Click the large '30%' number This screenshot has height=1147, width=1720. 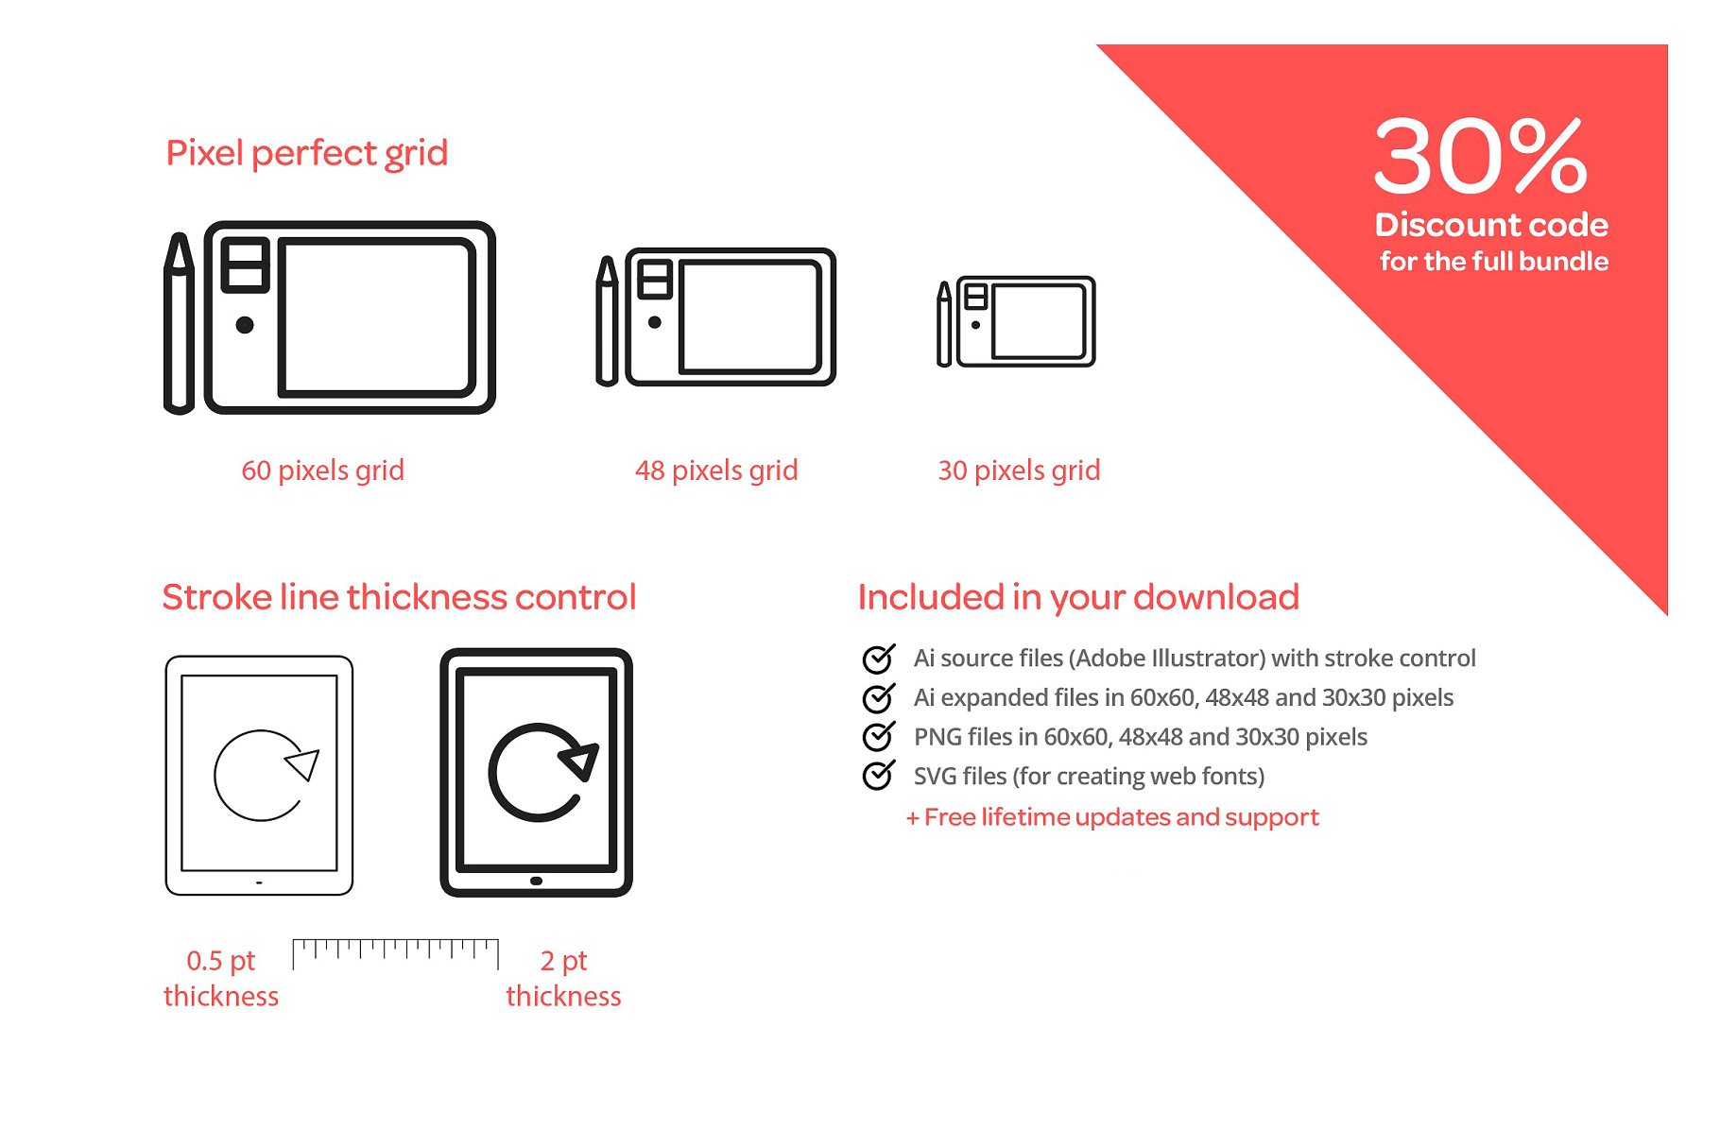[1480, 156]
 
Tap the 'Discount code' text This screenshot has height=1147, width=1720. [1491, 225]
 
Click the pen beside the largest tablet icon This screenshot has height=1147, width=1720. [179, 322]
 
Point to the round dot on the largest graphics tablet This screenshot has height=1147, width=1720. [245, 325]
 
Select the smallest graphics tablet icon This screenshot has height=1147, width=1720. [1026, 321]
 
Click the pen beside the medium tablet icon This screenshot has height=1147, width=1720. [607, 321]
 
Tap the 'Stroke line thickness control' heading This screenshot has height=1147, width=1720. [399, 597]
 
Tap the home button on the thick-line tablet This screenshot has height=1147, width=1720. [536, 881]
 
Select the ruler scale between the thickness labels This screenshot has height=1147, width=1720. [395, 953]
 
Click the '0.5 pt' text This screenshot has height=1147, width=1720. [221, 961]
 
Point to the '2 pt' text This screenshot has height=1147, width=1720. [563, 961]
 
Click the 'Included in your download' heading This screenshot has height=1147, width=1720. [1078, 597]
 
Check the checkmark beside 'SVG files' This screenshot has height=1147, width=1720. [879, 775]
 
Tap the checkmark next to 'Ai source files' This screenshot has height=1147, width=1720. [879, 657]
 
